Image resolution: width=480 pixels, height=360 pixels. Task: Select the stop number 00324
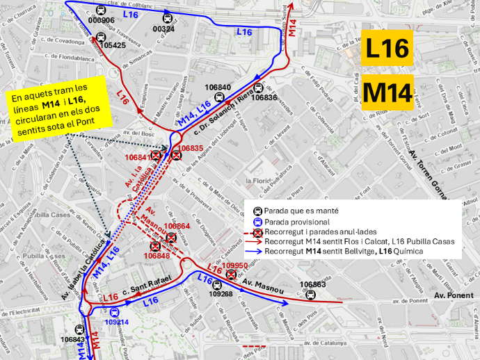[x=163, y=28]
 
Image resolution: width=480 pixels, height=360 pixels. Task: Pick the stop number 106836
[x=264, y=98]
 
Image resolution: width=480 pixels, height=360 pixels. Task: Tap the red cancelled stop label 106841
[x=137, y=158]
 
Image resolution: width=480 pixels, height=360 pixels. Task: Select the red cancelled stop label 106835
[x=190, y=148]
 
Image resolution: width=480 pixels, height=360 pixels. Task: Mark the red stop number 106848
[x=157, y=256]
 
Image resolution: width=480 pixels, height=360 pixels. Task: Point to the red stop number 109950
[x=235, y=265]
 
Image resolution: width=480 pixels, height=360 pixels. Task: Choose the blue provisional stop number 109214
[x=117, y=322]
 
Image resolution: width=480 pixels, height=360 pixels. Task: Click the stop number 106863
[x=312, y=285]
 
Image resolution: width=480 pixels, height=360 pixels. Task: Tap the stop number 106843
[x=73, y=339]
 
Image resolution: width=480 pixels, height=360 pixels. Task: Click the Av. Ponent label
[x=449, y=295]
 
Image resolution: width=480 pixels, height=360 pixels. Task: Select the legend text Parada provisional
[x=298, y=221]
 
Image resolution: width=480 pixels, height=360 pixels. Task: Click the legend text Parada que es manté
[x=301, y=211]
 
